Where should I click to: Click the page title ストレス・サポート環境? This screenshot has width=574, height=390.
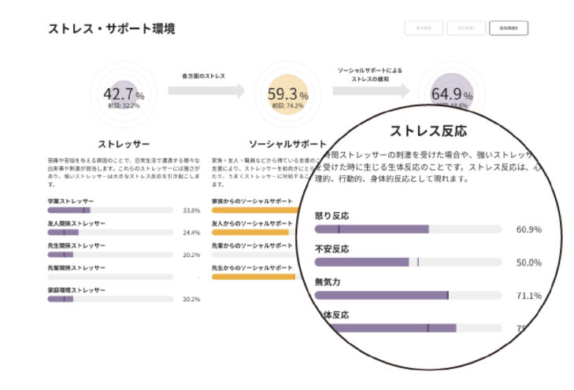click(x=111, y=29)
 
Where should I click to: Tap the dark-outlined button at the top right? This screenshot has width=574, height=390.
click(x=508, y=28)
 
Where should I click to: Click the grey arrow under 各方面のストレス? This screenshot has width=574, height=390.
click(x=207, y=90)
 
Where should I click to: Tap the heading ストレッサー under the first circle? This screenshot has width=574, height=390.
click(x=124, y=144)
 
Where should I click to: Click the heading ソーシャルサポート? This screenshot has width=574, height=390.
click(x=287, y=144)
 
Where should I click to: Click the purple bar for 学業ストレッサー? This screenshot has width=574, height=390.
click(x=69, y=211)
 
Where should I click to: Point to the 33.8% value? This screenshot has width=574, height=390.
click(x=191, y=211)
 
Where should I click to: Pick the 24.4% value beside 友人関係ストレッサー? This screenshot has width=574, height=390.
click(x=191, y=233)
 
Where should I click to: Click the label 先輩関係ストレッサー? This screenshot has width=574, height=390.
click(x=76, y=268)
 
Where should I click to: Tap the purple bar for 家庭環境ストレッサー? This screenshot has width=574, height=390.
click(x=60, y=299)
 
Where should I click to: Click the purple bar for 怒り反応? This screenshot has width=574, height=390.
click(x=371, y=229)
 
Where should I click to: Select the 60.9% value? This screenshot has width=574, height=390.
click(x=528, y=230)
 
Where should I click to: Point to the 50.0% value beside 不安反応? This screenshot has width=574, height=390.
click(x=528, y=263)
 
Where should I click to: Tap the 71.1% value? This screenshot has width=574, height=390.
click(x=528, y=296)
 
